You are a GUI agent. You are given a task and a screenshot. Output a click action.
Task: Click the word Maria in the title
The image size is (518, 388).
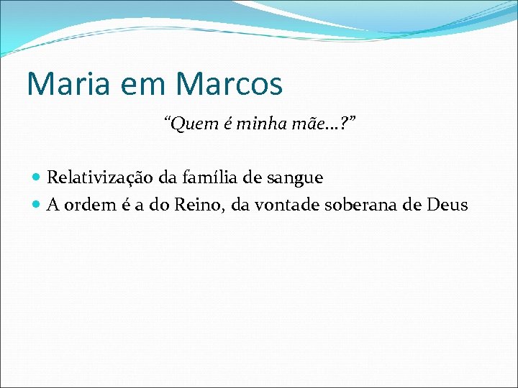[60, 83]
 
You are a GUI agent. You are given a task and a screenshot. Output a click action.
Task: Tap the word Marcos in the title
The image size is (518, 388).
[229, 83]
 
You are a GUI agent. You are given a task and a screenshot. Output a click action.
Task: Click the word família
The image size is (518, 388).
[202, 177]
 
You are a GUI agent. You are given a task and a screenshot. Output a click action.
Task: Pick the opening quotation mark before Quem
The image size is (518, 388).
[168, 122]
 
